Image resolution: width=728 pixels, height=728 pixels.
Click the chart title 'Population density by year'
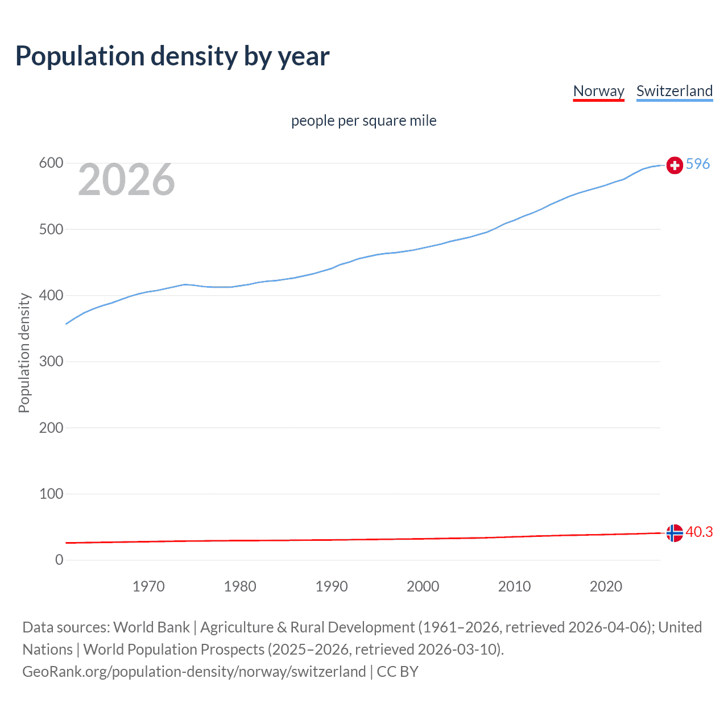pyautogui.click(x=172, y=56)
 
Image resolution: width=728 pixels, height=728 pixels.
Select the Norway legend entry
pyautogui.click(x=598, y=91)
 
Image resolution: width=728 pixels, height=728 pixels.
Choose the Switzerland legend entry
pyautogui.click(x=674, y=91)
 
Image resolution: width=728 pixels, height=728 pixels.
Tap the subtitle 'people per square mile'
pyautogui.click(x=363, y=121)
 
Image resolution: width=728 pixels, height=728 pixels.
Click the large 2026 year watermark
pyautogui.click(x=126, y=180)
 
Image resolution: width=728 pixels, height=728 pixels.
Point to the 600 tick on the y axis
pyautogui.click(x=51, y=163)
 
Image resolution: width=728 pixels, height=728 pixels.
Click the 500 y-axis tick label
pyautogui.click(x=51, y=229)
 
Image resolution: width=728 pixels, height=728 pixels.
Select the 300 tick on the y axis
pyautogui.click(x=51, y=362)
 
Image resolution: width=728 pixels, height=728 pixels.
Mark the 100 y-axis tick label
pyautogui.click(x=51, y=494)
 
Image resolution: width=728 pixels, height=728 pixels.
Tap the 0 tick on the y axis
pyautogui.click(x=59, y=560)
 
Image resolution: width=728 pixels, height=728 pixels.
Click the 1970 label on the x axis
pyautogui.click(x=148, y=586)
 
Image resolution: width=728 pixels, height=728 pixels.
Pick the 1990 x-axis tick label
pyautogui.click(x=332, y=586)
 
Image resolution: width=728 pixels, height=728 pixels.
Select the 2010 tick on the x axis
pyautogui.click(x=514, y=586)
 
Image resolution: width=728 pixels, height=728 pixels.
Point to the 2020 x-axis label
pyautogui.click(x=606, y=586)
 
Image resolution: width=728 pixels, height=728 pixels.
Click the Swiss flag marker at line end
pyautogui.click(x=675, y=165)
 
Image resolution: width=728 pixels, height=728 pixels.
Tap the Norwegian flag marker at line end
pyautogui.click(x=675, y=533)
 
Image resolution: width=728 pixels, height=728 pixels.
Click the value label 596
pyautogui.click(x=698, y=164)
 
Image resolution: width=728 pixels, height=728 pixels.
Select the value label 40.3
pyautogui.click(x=699, y=532)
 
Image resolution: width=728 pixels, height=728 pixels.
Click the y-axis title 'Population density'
pyautogui.click(x=24, y=353)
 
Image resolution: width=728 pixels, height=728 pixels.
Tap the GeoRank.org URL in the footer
pyautogui.click(x=194, y=672)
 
